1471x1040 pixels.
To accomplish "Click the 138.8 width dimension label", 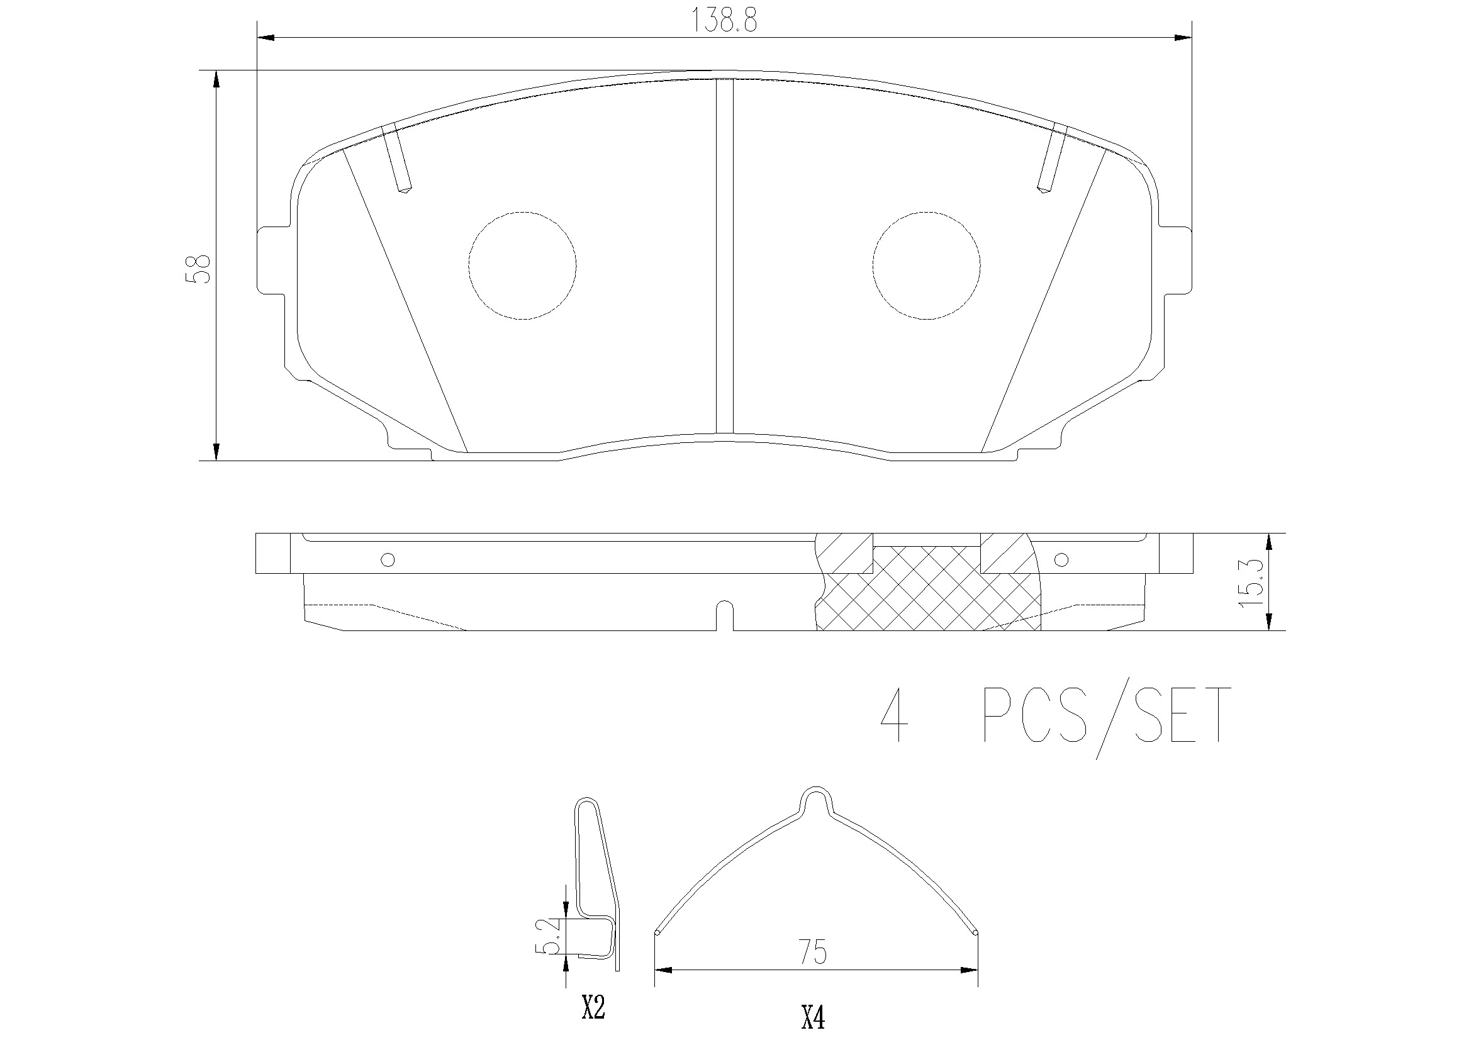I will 724,21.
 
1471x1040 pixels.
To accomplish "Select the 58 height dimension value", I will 198,269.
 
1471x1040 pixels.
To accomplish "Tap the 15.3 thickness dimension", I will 1251,584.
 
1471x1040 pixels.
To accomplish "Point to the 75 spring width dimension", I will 812,951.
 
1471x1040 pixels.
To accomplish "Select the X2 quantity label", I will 593,1009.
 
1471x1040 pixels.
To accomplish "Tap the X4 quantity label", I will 813,1017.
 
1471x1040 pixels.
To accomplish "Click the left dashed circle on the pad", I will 522,266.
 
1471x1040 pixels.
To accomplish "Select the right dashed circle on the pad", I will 926,266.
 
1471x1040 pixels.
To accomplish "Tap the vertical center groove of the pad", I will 724,256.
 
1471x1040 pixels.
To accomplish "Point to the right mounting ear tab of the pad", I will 1176,261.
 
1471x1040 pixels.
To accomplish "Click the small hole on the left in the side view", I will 388,559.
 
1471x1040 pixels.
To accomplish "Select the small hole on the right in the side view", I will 1061,559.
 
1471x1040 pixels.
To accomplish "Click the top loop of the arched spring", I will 815,798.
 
